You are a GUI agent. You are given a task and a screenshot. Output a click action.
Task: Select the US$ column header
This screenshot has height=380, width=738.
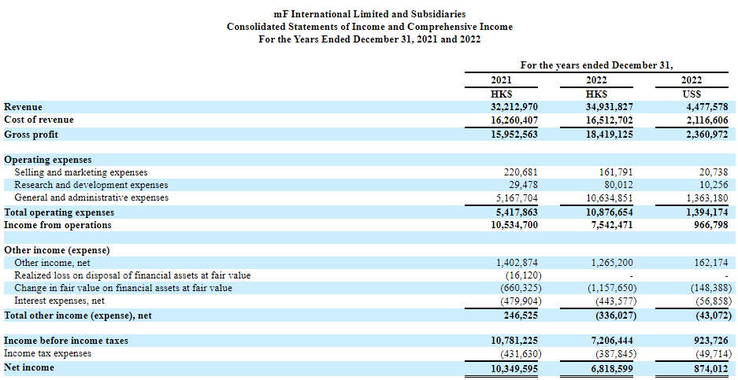(x=694, y=94)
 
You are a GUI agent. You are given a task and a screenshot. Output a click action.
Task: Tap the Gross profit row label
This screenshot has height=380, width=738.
(x=31, y=135)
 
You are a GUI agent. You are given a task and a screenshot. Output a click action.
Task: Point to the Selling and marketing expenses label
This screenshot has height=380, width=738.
(x=81, y=172)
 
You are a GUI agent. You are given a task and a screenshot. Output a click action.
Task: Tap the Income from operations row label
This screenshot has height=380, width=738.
(x=57, y=225)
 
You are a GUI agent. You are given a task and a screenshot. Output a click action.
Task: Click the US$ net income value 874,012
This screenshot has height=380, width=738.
(x=712, y=367)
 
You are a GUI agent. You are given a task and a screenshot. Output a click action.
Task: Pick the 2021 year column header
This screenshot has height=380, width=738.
(x=501, y=80)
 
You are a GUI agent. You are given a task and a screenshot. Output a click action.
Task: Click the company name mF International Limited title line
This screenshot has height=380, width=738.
(x=369, y=15)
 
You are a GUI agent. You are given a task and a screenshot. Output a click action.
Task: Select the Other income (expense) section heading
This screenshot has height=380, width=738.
(x=57, y=251)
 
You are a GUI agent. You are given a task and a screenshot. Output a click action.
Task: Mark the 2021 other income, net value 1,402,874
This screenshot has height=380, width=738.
(x=517, y=263)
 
